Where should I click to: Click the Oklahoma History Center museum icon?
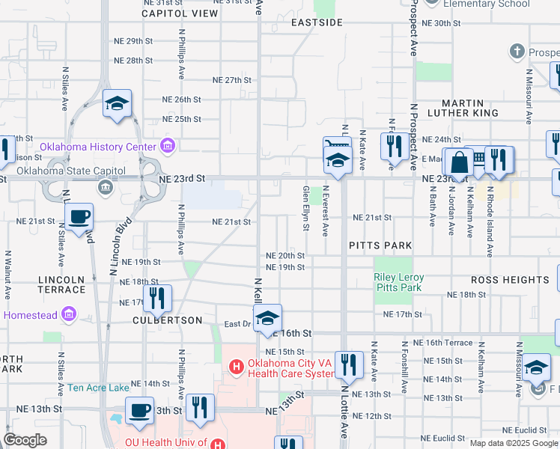tap(168, 146)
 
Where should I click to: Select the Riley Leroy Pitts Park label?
tap(398, 282)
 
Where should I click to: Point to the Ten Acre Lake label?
tap(98, 388)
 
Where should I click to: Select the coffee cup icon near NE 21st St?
tap(79, 219)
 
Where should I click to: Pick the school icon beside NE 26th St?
tap(117, 105)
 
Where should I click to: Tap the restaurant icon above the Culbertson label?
tap(156, 299)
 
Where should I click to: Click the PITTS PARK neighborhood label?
tap(380, 245)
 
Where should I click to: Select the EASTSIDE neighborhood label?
tap(317, 22)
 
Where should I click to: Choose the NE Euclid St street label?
tap(524, 430)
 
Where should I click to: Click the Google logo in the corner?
tap(25, 440)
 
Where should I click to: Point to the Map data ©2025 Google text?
tap(514, 443)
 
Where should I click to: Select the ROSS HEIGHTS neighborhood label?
tap(510, 280)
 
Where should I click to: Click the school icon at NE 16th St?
tap(267, 319)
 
